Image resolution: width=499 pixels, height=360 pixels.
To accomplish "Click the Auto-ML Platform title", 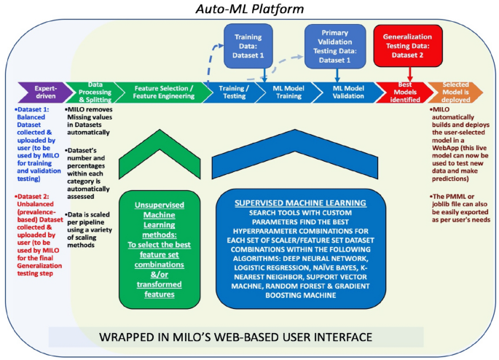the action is coord(249,9).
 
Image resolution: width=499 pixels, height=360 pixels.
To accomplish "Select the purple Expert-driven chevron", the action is coord(45,93).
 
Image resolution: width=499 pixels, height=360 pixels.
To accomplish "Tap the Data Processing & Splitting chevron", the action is coord(95,93).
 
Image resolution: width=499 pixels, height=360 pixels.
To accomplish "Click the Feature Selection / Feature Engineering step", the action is coord(163,93).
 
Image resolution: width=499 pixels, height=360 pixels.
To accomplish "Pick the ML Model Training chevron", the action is coord(288,93).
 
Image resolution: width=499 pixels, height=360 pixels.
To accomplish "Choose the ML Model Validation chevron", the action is coord(348,93).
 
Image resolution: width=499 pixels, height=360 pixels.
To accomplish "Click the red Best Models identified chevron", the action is coord(404,93).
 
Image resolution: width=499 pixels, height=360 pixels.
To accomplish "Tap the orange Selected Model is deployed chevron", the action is coord(455,93).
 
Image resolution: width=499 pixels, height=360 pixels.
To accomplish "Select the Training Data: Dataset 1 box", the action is coord(248,46).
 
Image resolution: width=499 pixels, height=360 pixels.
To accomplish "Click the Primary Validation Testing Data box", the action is coord(335,47).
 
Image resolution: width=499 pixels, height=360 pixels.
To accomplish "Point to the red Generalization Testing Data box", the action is coord(408,46).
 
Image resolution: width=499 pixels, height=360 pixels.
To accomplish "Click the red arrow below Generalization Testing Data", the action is coord(410,74).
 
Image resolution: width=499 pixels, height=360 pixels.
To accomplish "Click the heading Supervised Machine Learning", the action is coord(300,203).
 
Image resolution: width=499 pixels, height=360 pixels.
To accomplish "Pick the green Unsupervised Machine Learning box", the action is coord(160,249).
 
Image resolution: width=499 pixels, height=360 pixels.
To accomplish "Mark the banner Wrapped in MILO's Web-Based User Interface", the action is coord(236,337).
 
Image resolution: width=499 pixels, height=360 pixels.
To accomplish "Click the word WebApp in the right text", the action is coord(444,148).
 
